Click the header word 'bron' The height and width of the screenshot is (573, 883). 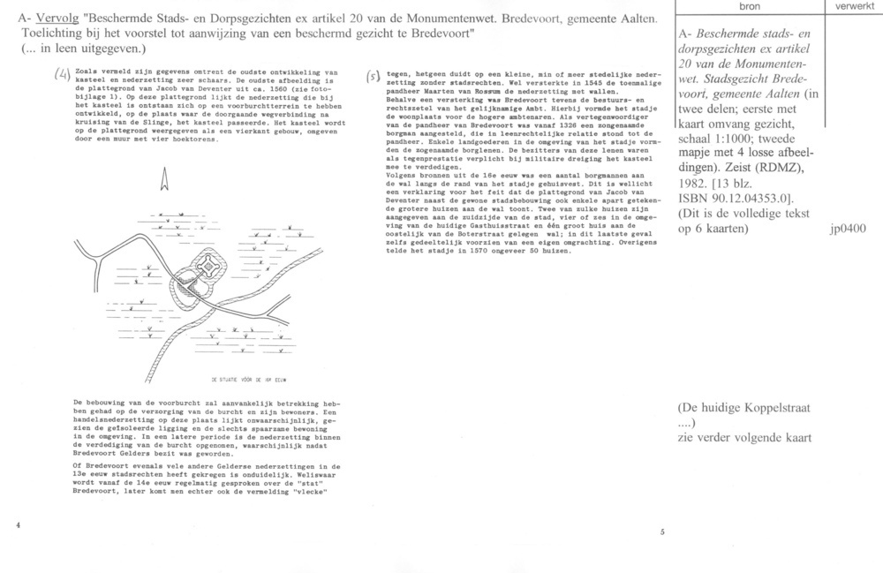[x=748, y=6]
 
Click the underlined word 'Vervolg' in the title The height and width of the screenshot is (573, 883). [x=54, y=17]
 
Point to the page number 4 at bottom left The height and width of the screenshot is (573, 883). [x=18, y=524]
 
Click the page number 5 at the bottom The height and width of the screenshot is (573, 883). [x=662, y=532]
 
